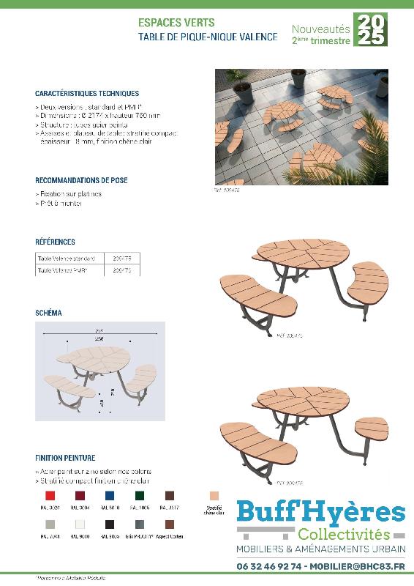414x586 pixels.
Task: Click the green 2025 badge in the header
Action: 370,30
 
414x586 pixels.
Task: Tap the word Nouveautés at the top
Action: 320,29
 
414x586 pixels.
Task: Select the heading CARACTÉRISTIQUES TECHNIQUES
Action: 86,94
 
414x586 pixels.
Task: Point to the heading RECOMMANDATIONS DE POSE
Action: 81,179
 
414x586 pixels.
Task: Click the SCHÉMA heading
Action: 48,313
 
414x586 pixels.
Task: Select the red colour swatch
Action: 50,496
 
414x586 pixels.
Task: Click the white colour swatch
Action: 80,525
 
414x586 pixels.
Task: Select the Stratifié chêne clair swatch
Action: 214,496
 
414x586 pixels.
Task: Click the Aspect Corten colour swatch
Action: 170,525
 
